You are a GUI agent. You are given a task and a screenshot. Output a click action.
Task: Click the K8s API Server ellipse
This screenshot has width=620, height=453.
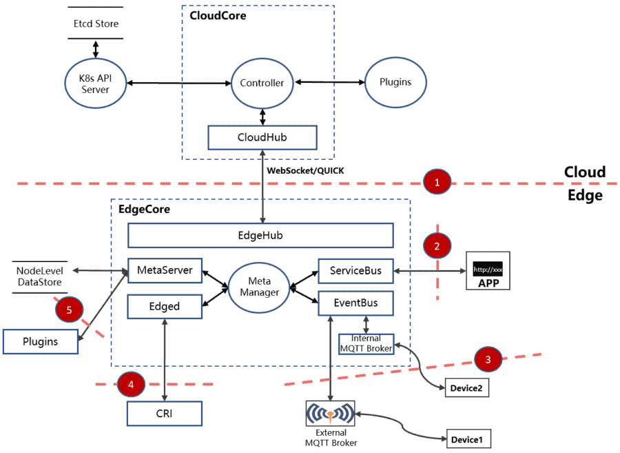click(x=96, y=83)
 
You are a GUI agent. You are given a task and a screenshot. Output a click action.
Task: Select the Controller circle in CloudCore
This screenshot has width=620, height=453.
click(x=262, y=83)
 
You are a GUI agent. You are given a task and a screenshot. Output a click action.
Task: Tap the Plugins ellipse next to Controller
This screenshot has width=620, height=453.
click(x=395, y=82)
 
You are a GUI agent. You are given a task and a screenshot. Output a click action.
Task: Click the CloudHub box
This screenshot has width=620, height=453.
click(x=262, y=137)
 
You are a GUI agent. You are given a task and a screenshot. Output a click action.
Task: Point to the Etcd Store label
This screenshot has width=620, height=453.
click(x=96, y=23)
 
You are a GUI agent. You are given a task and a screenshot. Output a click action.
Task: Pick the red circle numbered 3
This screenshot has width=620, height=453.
click(x=488, y=359)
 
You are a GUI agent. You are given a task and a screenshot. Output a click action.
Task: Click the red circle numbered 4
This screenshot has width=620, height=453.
click(x=131, y=383)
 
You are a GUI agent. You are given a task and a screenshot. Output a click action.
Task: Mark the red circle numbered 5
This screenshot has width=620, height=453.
click(x=69, y=310)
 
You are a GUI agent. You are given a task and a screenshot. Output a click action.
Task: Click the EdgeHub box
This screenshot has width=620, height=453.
click(x=260, y=235)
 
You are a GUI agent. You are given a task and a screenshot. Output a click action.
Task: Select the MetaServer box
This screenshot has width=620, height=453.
click(x=165, y=270)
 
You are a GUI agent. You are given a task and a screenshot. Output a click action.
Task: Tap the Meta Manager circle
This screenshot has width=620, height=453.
click(x=260, y=287)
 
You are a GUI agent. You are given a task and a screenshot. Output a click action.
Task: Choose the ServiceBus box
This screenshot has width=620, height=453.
click(x=355, y=270)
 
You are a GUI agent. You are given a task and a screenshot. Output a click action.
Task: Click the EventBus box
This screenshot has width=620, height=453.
click(x=355, y=303)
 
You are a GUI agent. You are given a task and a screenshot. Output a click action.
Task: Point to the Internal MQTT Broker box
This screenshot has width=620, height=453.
click(x=366, y=343)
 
